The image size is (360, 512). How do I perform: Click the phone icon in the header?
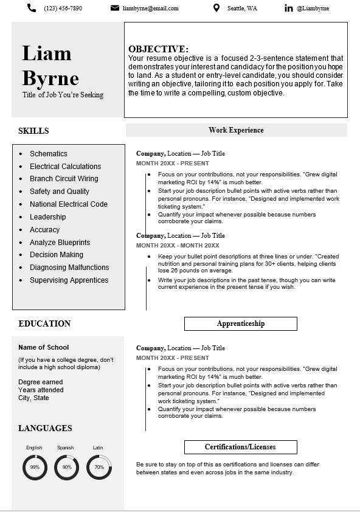[32, 8]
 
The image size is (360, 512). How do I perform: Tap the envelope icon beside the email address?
[115, 8]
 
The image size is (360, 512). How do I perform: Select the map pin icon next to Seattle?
[216, 8]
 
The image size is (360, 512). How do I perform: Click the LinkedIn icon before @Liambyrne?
[288, 8]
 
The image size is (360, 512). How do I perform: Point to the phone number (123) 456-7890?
[63, 9]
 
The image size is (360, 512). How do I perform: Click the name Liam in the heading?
[47, 54]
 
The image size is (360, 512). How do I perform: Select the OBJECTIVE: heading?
[158, 49]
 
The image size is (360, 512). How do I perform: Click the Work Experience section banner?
[236, 130]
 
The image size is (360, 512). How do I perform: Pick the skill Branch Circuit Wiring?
[64, 179]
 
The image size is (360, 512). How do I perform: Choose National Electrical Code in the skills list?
[69, 204]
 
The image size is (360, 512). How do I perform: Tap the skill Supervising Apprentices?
[69, 280]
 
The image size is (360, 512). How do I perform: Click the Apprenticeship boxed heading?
[240, 323]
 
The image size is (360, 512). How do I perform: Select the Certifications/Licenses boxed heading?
[240, 447]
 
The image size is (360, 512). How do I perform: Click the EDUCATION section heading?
[44, 323]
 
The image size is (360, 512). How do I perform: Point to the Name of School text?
[44, 347]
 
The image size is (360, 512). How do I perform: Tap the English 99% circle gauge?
[35, 467]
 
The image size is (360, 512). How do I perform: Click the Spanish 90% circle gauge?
[66, 467]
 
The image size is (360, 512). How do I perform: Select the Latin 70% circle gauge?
[99, 467]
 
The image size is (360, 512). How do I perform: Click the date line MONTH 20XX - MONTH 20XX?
[178, 245]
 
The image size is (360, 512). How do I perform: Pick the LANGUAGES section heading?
[45, 428]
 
